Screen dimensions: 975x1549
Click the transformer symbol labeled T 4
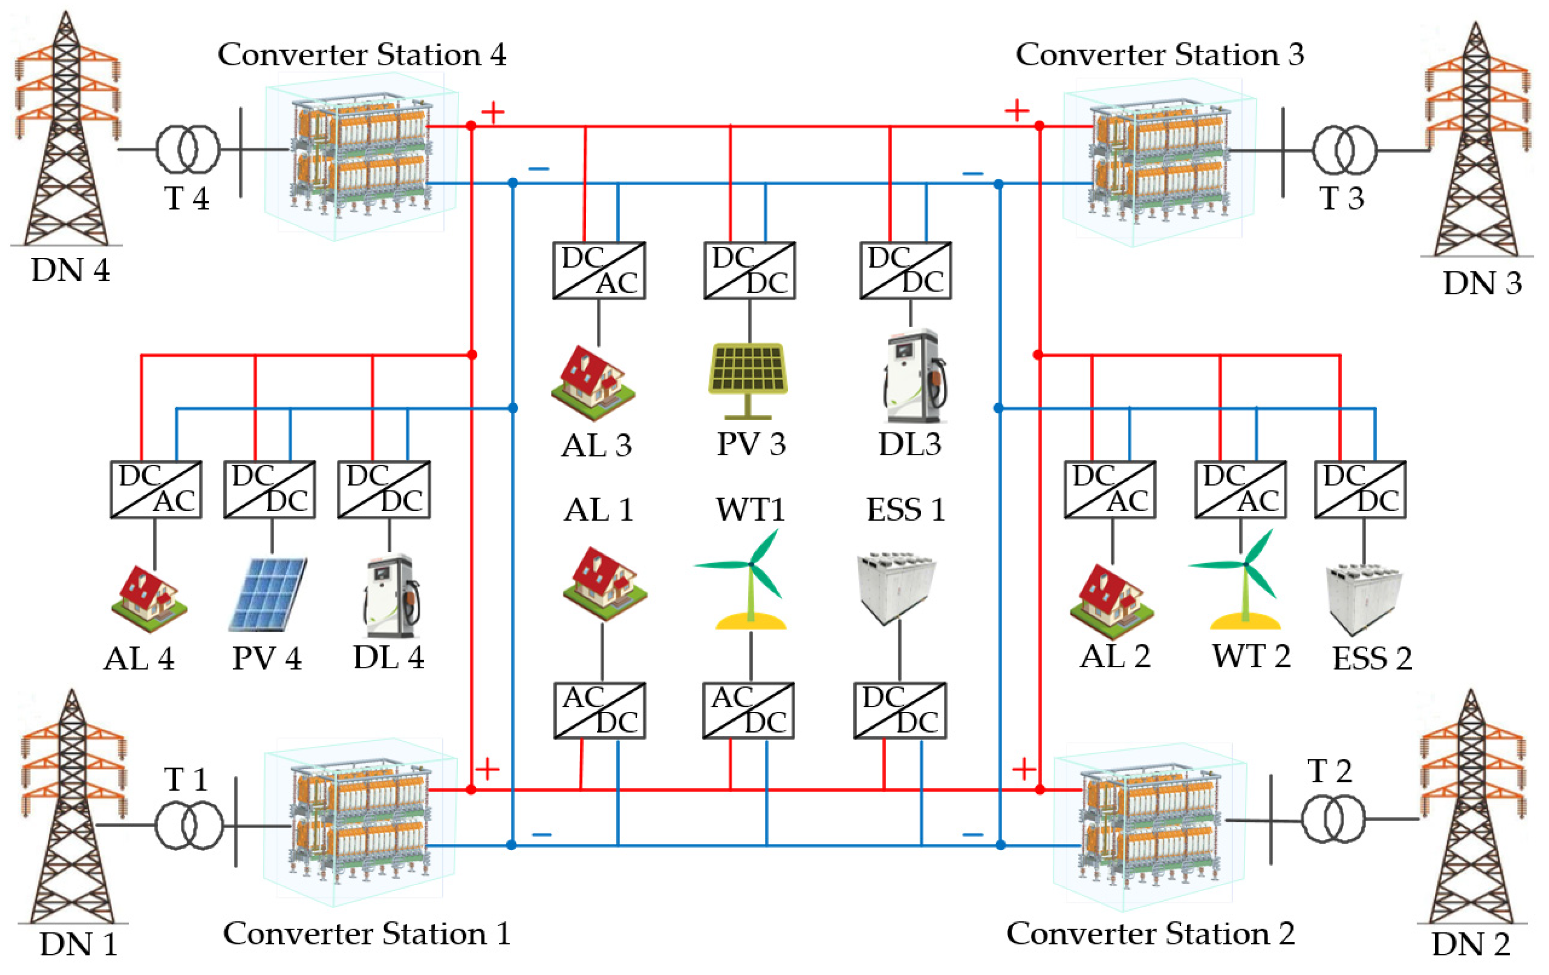coord(188,149)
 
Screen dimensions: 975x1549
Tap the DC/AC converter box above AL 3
coord(599,270)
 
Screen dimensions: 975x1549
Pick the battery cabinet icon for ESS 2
coord(1364,598)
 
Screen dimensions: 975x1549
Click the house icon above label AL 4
coord(149,600)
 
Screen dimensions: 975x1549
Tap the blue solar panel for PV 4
coord(268,594)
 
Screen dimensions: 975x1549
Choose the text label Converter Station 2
coord(1150,933)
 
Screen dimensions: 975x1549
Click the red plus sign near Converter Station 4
coord(493,113)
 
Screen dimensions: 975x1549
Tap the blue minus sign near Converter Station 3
coord(972,174)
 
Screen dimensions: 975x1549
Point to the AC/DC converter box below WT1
coord(748,711)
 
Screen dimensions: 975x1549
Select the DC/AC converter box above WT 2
coord(1240,489)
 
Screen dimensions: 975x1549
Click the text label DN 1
coord(78,944)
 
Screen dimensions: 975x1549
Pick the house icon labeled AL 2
coord(1112,602)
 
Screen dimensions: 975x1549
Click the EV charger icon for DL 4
coord(391,596)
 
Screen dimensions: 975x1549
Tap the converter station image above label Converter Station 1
coord(360,823)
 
